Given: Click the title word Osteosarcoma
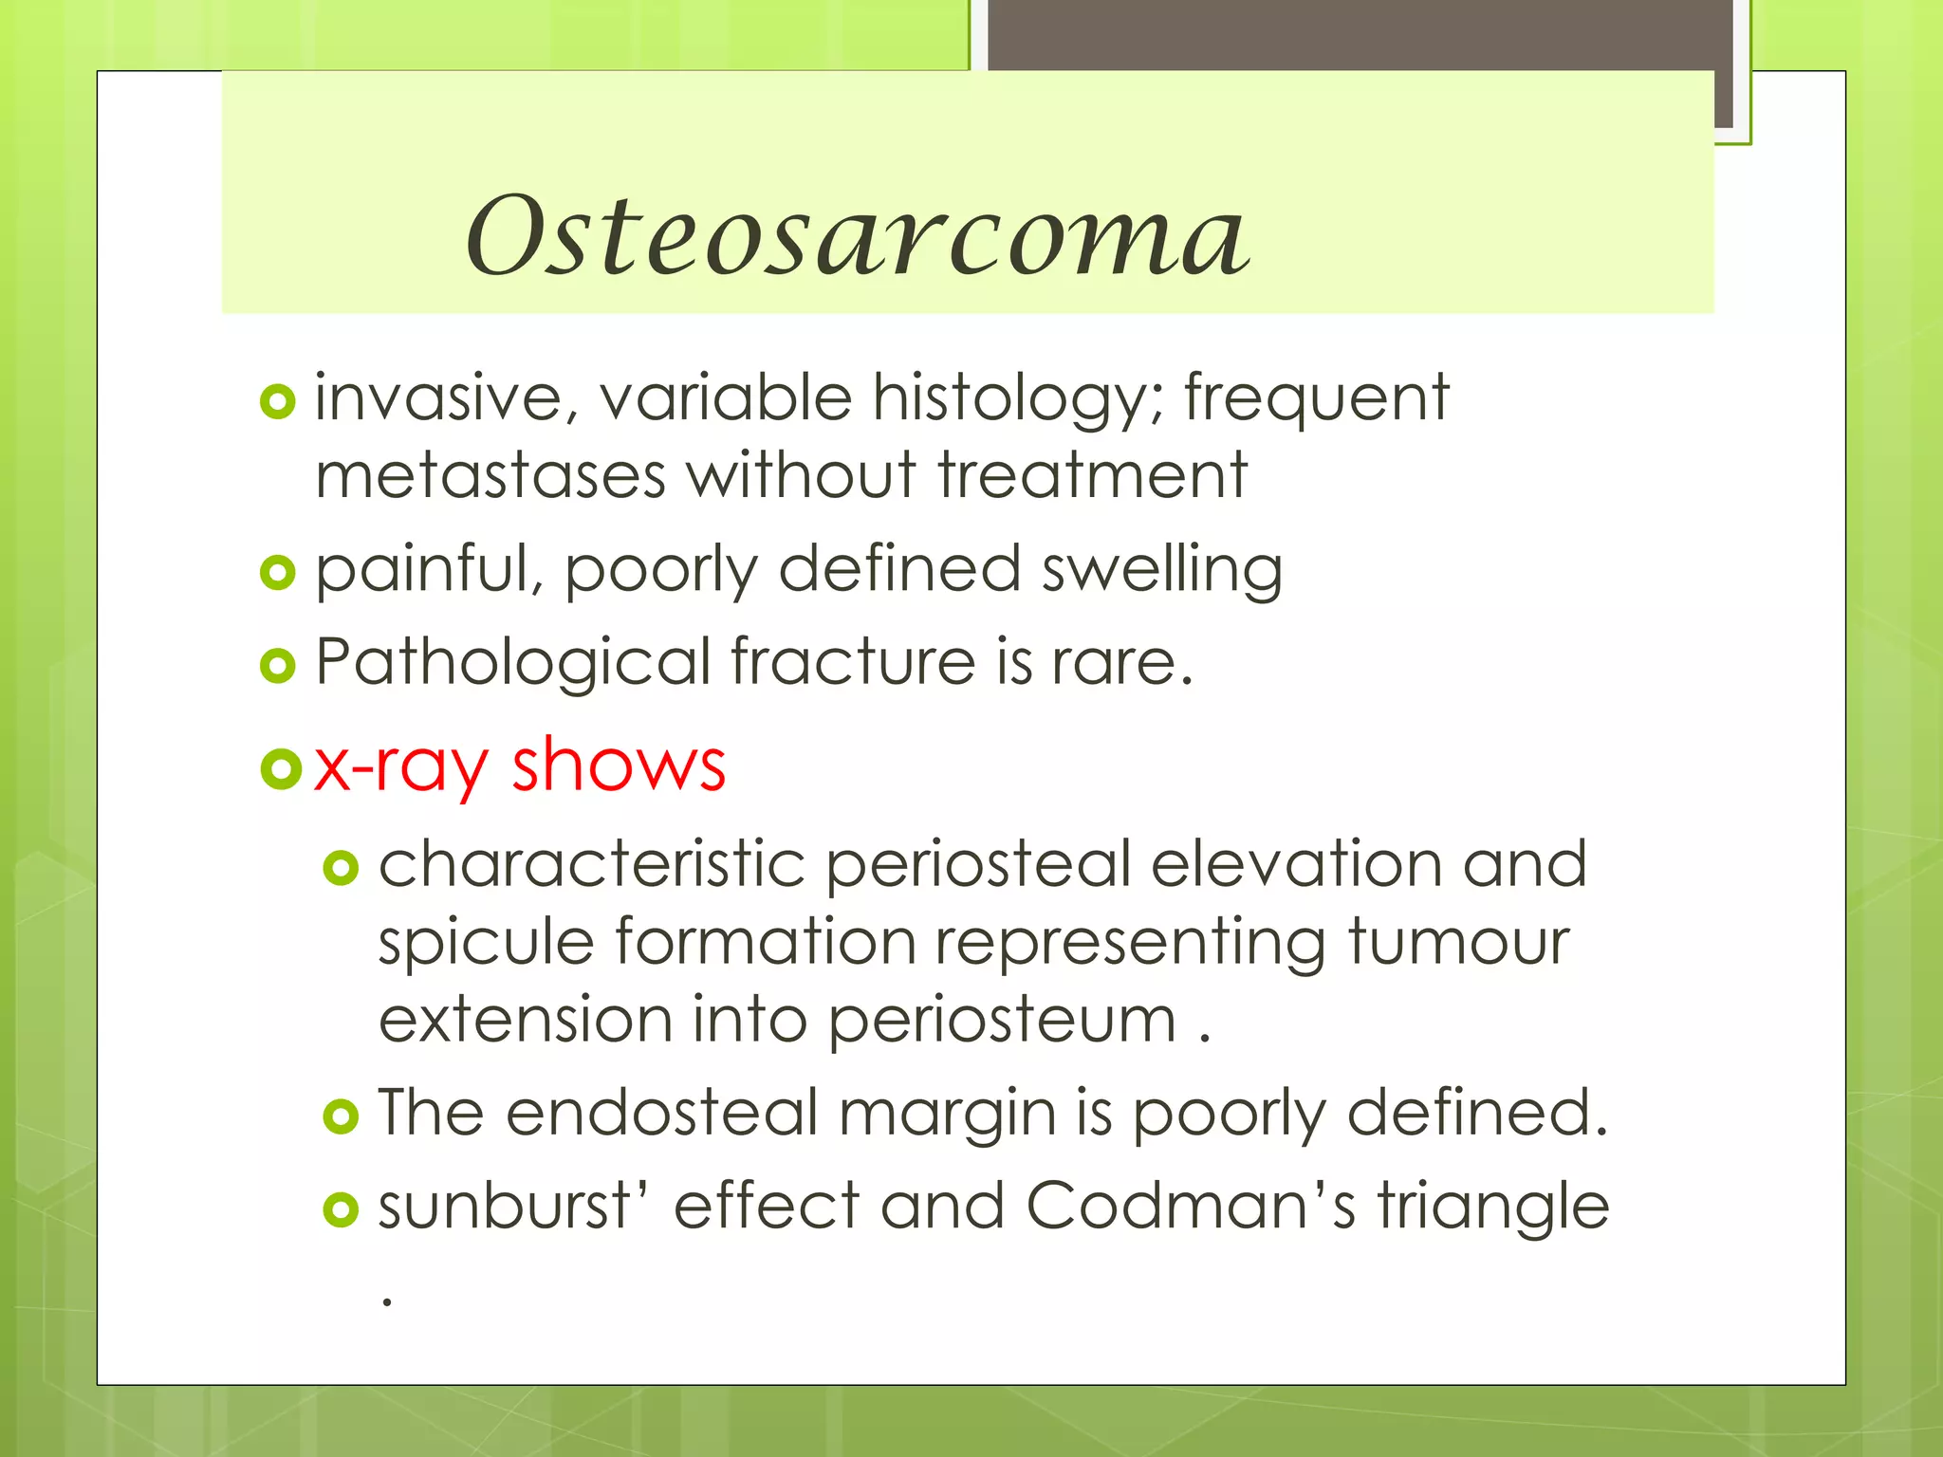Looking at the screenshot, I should point(857,235).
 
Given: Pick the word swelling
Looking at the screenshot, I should point(1161,569).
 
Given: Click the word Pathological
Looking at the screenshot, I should point(512,662).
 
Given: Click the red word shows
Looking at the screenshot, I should point(619,764).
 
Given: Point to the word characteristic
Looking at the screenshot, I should point(592,864).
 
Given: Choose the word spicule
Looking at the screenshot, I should point(486,942).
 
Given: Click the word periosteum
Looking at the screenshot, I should point(1002,1021).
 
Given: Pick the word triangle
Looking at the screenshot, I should point(1493,1208).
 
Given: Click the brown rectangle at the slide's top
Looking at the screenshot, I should point(1360,34).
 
